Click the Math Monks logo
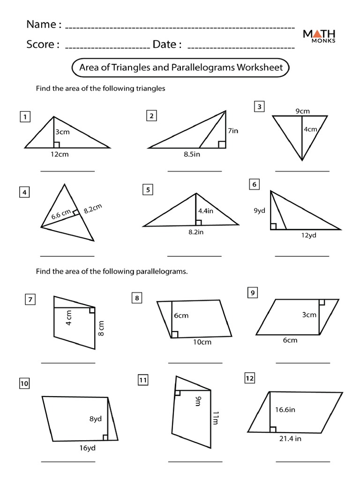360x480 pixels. pos(318,36)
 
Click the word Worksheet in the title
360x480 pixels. pos(260,67)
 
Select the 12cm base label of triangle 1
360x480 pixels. pos(60,155)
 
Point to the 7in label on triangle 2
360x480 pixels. pos(233,131)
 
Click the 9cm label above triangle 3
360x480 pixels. pos(302,111)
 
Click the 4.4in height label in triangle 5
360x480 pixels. pos(206,211)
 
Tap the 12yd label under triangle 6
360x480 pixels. pos(308,235)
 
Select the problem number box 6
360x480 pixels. pos(255,185)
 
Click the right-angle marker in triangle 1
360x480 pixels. pos(56,145)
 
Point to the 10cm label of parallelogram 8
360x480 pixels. pos(202,342)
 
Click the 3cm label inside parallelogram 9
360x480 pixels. pos(309,315)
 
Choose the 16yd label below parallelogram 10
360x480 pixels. pos(88,448)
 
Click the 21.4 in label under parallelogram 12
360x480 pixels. pos(290,438)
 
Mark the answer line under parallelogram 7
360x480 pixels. pos(68,363)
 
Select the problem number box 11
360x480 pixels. pos(143,380)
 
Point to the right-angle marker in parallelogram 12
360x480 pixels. pos(273,429)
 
